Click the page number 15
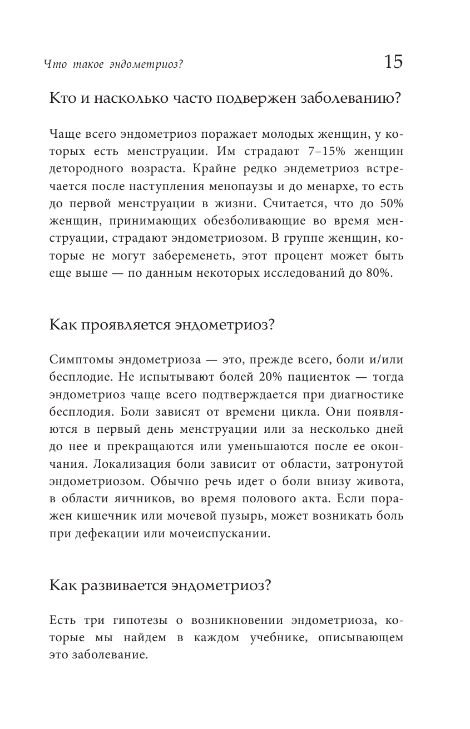click(x=393, y=62)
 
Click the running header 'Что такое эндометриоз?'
click(x=113, y=64)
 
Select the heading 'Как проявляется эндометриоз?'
click(x=162, y=326)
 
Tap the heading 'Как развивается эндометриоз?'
click(x=160, y=586)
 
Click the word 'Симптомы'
click(x=76, y=359)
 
